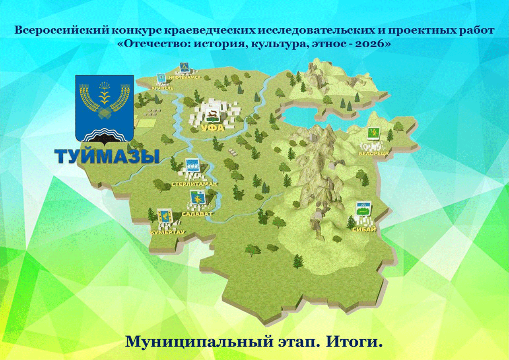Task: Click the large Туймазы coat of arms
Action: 104,110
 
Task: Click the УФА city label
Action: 212,128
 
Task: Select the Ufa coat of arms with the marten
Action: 211,115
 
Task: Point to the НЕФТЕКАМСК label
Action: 185,77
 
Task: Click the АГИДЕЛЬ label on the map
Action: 163,88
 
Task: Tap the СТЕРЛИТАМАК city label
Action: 194,184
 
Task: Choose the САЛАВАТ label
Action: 197,214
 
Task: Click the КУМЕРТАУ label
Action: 167,232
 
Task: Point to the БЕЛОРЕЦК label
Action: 373,154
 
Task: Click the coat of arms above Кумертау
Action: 165,216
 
